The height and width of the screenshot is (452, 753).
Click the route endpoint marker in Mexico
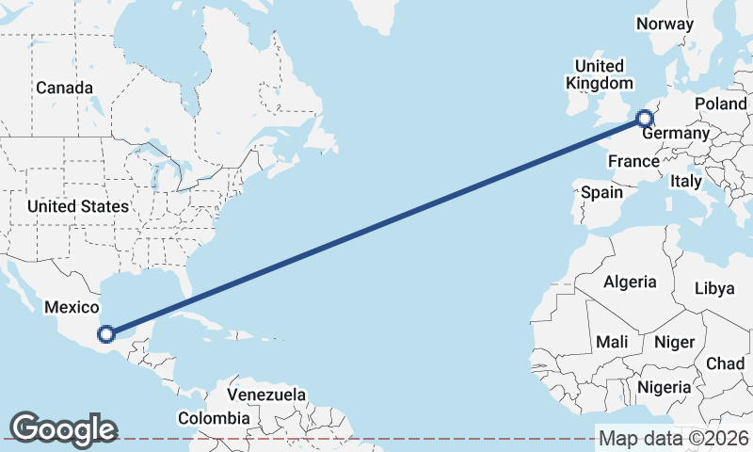coord(106,333)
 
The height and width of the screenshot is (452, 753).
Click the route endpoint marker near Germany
coord(645,119)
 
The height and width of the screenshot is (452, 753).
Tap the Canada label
coord(64,88)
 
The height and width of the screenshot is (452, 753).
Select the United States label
coord(77,206)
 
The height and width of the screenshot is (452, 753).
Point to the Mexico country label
coord(72,307)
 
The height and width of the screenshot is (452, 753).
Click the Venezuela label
coord(267,394)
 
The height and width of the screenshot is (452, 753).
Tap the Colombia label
coord(215,417)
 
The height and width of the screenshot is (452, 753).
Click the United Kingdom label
coord(599,74)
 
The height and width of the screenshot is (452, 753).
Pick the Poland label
coord(720,104)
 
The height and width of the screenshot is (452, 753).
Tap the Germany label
coord(676,134)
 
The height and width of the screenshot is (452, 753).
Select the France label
coord(633,162)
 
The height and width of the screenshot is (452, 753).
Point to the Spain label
coord(601,192)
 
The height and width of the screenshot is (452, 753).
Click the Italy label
coord(686,181)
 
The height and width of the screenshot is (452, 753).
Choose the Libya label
coord(714,288)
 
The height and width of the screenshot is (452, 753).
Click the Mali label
coord(612,342)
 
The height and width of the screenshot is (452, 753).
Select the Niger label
coord(673,342)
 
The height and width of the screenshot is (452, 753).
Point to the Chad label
coord(725,363)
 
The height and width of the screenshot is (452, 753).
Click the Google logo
coord(62,429)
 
